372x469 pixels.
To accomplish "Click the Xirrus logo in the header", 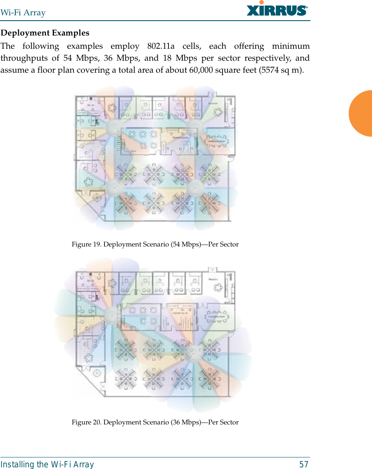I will tap(277, 9).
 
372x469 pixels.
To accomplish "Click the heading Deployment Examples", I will tap(45, 33).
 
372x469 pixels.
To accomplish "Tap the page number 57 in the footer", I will tap(303, 464).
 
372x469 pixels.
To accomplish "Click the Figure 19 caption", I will tap(155, 244).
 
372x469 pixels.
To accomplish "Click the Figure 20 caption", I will tap(155, 422).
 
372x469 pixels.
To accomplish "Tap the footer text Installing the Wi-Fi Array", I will tap(47, 464).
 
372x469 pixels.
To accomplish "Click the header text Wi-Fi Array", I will tap(23, 12).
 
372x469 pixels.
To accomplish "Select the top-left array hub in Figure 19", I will tap(113, 129).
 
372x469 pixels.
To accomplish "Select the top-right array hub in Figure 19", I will tap(193, 128).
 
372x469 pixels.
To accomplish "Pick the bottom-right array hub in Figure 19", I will tap(193, 188).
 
